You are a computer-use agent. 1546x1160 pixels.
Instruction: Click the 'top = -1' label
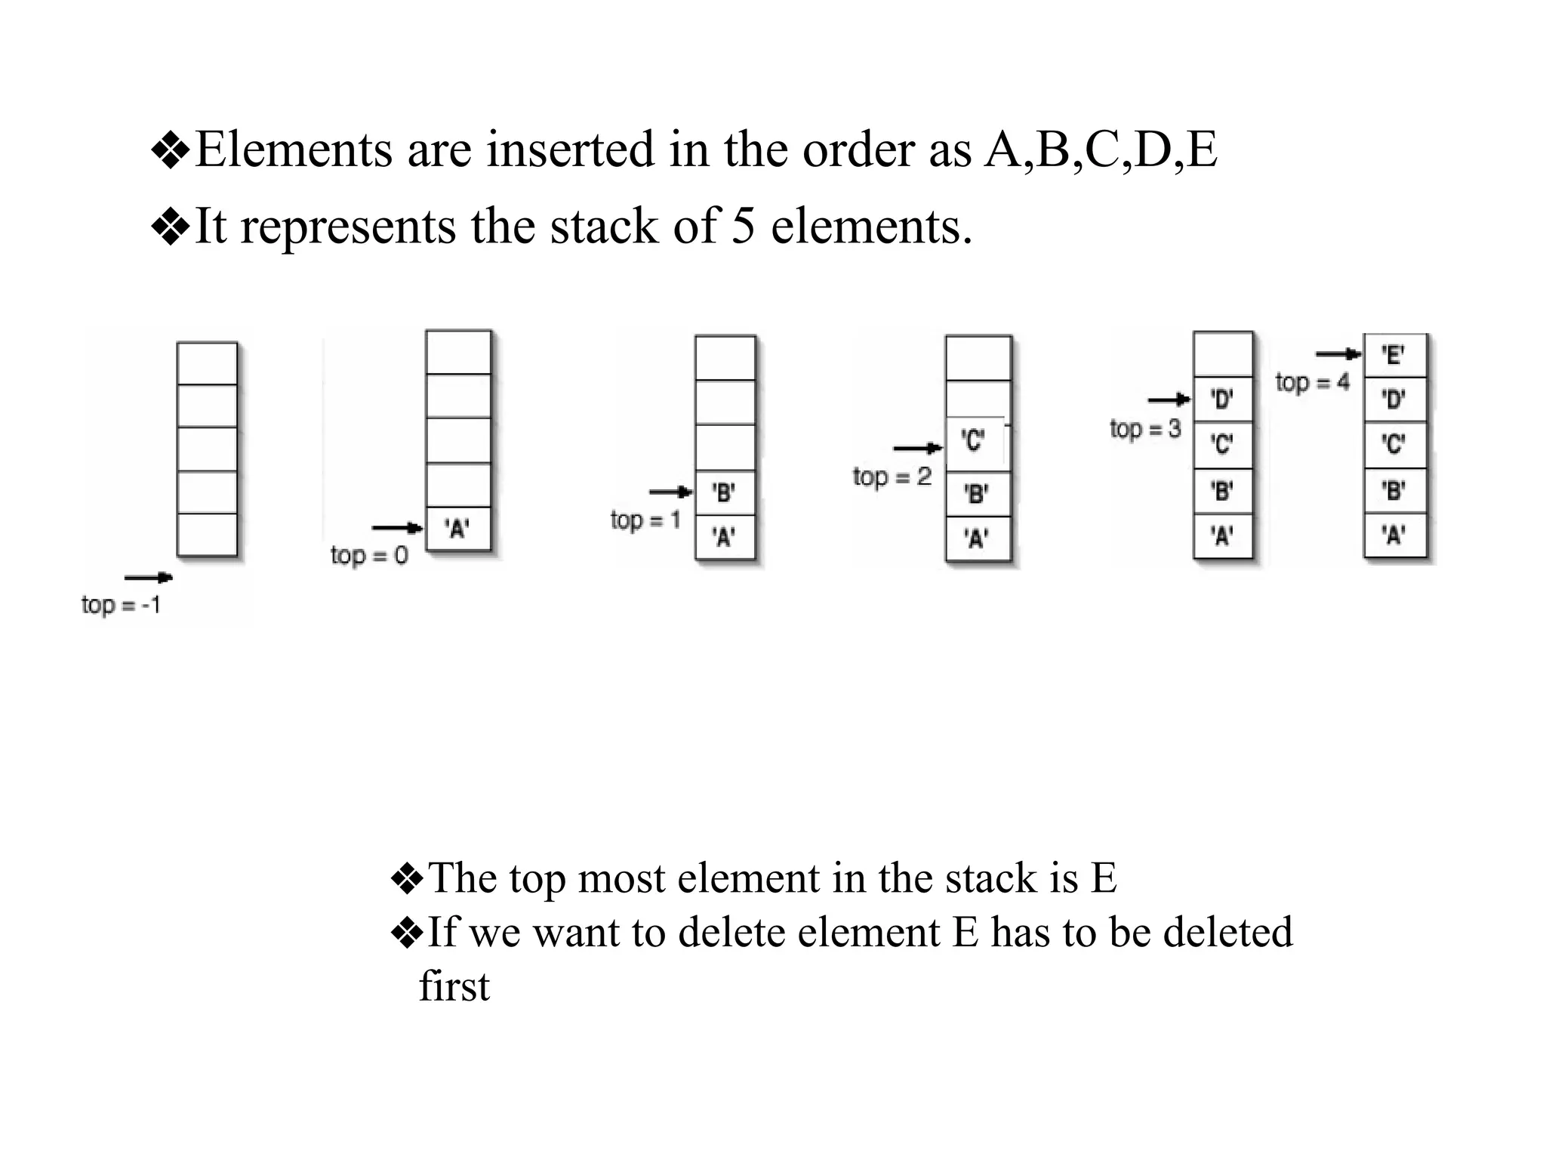[121, 605]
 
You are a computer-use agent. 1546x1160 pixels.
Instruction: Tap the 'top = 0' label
[369, 556]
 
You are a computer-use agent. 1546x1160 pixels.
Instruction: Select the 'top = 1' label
[645, 520]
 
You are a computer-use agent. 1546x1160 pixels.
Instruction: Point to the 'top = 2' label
[892, 477]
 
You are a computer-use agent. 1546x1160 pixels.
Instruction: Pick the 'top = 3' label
[1145, 429]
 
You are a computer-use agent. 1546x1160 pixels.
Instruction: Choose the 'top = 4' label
[1312, 382]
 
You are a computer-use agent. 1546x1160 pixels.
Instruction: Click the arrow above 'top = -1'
[148, 578]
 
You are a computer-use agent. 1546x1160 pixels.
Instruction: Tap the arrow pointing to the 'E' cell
[1338, 353]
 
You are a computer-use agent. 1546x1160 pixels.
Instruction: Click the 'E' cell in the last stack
[1394, 355]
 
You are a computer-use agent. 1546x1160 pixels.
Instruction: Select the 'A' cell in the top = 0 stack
[457, 529]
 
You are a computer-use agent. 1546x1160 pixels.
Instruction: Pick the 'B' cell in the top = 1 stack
[724, 493]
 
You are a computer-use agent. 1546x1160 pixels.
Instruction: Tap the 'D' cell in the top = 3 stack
[1222, 399]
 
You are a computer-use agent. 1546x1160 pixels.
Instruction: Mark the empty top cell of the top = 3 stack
[1222, 353]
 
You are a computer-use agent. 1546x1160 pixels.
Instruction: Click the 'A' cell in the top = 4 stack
[1394, 536]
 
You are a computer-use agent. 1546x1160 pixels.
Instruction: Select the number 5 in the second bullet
[743, 226]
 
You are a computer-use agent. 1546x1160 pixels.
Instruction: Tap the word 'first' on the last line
[454, 986]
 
